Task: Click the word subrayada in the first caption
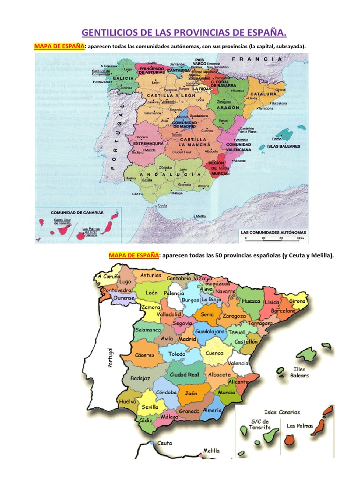288,46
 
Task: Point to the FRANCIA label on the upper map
257,60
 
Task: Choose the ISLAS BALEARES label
281,146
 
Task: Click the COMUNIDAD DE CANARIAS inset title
77,212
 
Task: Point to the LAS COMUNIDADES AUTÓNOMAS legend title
273,232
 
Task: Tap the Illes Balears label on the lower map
300,372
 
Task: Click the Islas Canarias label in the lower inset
282,412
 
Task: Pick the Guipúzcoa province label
217,284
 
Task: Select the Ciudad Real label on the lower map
184,375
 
